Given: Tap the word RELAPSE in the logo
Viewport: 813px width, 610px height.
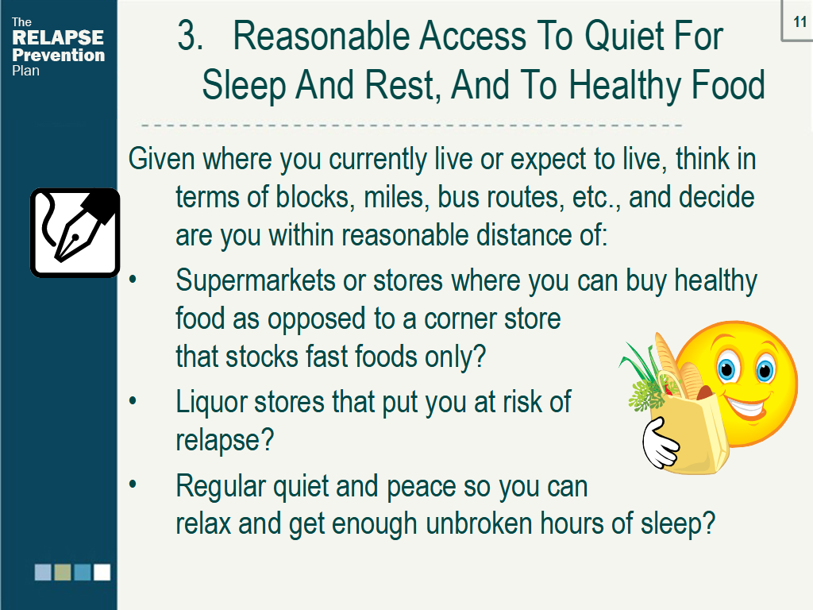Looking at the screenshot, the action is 57,37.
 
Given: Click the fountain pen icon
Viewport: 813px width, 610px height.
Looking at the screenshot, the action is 75,233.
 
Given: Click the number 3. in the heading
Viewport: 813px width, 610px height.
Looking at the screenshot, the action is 190,37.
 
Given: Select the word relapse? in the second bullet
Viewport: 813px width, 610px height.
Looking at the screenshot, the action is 225,441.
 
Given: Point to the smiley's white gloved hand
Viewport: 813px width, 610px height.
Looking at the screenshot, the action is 659,443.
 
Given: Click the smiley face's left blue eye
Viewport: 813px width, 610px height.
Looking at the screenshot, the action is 727,369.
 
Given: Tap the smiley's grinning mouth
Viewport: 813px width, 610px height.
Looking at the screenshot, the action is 746,407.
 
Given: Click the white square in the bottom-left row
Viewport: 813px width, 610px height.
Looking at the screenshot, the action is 102,572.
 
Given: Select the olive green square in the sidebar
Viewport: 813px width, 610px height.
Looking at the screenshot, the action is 63,572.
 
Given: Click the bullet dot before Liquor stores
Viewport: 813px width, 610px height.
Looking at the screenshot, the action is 133,401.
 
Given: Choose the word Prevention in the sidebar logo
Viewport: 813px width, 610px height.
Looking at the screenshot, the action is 58,55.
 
